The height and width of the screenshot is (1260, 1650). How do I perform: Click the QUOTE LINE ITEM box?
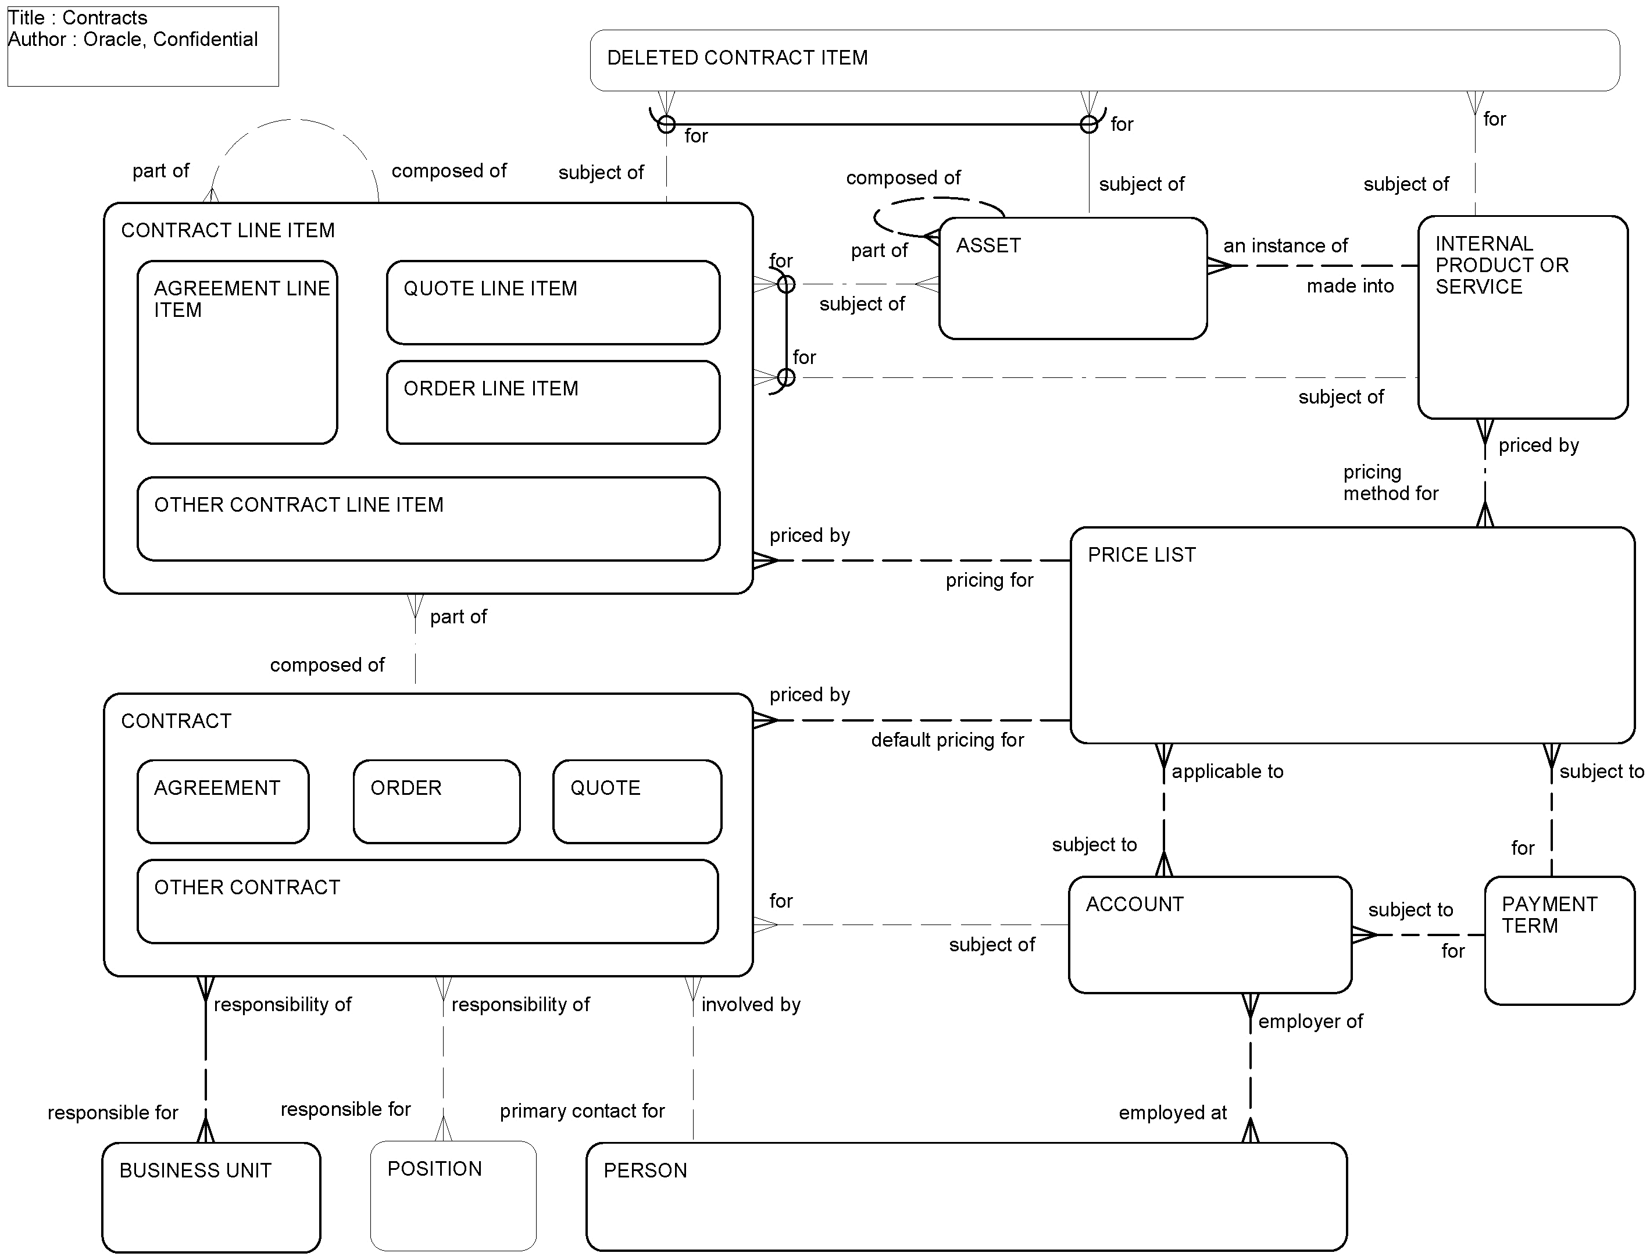(x=553, y=302)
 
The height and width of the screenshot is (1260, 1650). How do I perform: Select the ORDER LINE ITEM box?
(x=553, y=402)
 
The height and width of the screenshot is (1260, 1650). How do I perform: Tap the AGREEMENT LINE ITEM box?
(x=237, y=352)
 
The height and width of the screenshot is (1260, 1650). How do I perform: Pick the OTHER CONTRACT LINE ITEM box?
(x=428, y=518)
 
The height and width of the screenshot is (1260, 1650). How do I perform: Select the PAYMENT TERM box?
(x=1559, y=940)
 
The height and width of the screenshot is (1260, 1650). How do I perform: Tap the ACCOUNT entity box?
(x=1210, y=934)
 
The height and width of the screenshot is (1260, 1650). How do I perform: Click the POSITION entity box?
(x=453, y=1195)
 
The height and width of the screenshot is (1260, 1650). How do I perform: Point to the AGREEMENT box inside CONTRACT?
(x=223, y=801)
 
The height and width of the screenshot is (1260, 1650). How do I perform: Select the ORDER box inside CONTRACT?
(x=437, y=801)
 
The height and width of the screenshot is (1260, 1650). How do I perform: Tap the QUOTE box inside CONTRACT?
(x=637, y=801)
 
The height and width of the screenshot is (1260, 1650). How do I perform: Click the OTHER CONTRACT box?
(x=427, y=901)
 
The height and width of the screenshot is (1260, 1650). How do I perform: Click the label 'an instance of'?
(x=1285, y=246)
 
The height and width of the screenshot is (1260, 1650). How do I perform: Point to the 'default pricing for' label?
(x=947, y=740)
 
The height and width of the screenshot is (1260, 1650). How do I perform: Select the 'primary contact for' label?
(x=582, y=1111)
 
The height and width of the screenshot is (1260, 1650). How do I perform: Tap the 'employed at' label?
(x=1172, y=1113)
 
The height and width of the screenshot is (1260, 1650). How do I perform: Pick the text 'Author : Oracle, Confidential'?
(x=133, y=39)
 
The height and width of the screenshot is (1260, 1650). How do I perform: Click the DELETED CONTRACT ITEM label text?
(x=737, y=58)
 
